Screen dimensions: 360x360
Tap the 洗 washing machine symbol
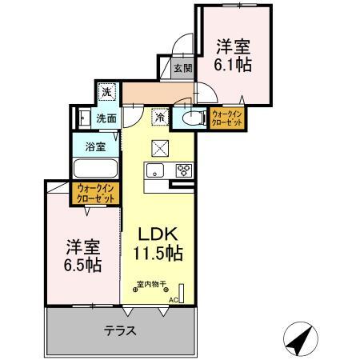pyautogui.click(x=107, y=93)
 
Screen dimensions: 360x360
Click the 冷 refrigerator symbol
pyautogui.click(x=161, y=117)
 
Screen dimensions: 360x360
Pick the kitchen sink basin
pyautogui.click(x=155, y=170)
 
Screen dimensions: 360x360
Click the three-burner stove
pyautogui.click(x=183, y=170)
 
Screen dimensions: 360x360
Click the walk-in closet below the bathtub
pyautogui.click(x=96, y=192)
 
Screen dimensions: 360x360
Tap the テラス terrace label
pyautogui.click(x=120, y=330)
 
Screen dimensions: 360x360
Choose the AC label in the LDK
pyautogui.click(x=171, y=299)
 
